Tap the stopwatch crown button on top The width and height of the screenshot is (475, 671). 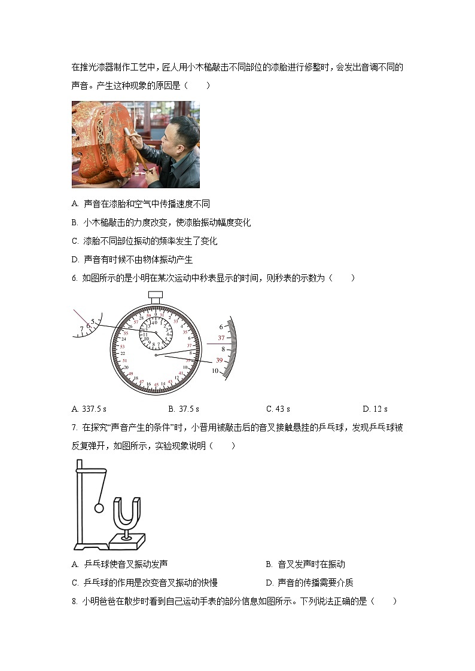156,296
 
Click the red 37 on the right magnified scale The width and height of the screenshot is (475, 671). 221,338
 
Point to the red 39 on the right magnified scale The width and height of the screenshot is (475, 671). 219,360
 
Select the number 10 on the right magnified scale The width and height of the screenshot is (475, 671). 215,371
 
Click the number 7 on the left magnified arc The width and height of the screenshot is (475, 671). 82,329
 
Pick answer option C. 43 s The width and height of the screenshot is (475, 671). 278,409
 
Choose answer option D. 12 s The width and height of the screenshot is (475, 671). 375,409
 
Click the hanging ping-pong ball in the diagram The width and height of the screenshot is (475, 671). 99,508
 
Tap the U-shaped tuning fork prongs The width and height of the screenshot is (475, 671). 127,511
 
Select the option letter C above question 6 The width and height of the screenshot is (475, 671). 75,241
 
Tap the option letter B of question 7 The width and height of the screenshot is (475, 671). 269,564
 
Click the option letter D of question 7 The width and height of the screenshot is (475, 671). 269,583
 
